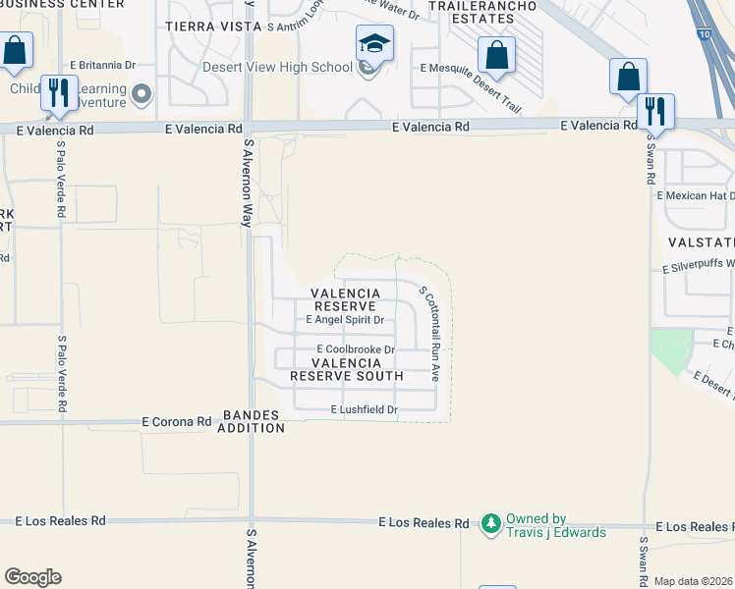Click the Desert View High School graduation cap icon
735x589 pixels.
point(374,44)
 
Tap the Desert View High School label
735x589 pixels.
point(277,68)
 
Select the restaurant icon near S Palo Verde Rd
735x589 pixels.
point(59,93)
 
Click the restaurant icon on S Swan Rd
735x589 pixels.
point(655,111)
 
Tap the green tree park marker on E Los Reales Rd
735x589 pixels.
point(491,524)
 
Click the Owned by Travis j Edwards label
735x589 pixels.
point(555,525)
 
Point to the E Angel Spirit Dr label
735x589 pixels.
point(344,320)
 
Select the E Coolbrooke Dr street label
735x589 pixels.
point(355,349)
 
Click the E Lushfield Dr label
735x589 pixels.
point(364,409)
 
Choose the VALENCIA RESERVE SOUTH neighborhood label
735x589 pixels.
point(346,369)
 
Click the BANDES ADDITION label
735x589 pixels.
point(253,421)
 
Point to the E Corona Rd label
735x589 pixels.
point(177,421)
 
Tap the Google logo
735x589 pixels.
point(32,577)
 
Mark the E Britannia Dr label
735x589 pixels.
point(101,65)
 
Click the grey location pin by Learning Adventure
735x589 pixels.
point(141,94)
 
